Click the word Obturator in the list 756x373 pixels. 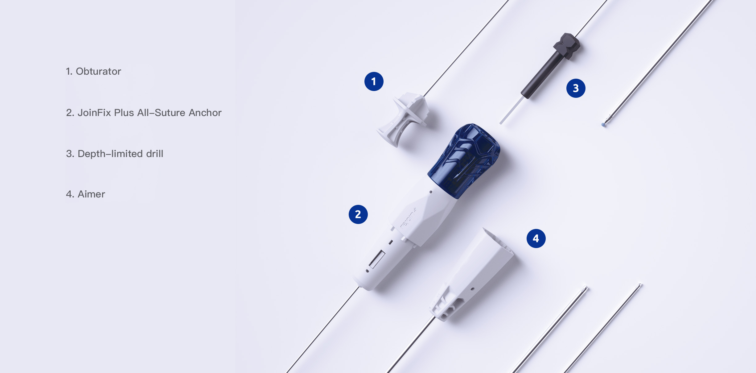[98, 71]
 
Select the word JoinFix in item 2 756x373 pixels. [94, 113]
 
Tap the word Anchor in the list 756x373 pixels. [205, 113]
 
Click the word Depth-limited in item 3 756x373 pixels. [110, 154]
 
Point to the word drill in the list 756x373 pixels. [155, 154]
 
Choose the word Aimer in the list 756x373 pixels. [91, 194]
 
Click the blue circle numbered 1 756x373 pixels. [374, 81]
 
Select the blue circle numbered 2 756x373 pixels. [358, 214]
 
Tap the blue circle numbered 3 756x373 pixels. [576, 88]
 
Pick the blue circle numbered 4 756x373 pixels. [536, 238]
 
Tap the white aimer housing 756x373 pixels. [472, 275]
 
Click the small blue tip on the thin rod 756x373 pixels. [603, 125]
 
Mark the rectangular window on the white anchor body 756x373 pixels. [377, 259]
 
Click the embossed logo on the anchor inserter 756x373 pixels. [408, 218]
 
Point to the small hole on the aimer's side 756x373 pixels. [472, 289]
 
